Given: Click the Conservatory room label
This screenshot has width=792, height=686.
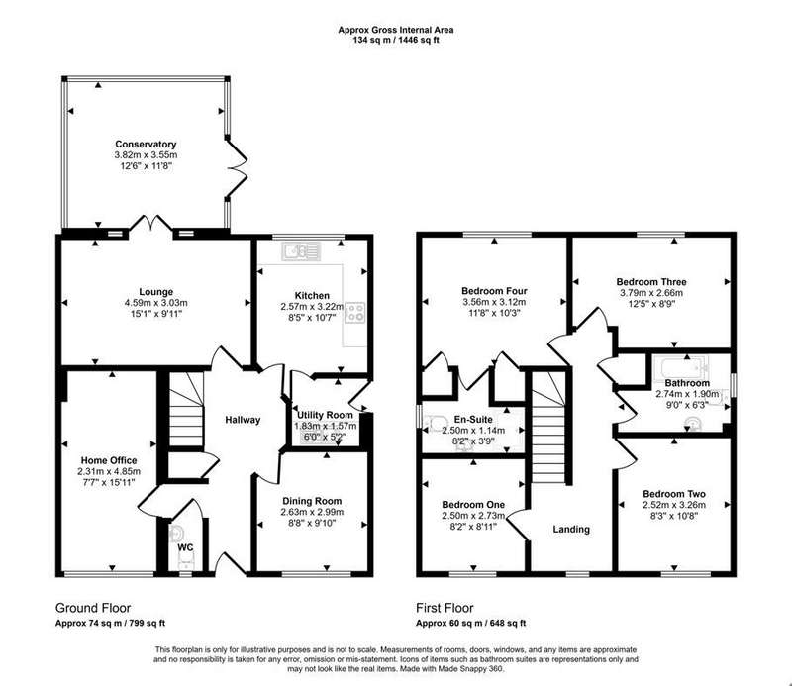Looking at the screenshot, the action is click(x=146, y=144).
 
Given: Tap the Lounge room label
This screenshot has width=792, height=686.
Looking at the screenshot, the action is click(x=156, y=291).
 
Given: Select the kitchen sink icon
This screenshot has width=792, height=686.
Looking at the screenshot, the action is click(x=302, y=251).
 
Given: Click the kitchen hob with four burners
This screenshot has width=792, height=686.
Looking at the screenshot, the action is click(x=354, y=312).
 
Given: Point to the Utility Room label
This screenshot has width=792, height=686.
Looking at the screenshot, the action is click(x=325, y=415).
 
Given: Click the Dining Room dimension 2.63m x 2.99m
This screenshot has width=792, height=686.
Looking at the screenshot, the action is click(x=312, y=512).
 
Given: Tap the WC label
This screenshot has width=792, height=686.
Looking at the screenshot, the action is click(x=185, y=547).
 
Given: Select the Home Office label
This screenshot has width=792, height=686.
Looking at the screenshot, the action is click(x=109, y=460).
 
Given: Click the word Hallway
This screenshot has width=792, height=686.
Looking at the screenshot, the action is click(x=243, y=420).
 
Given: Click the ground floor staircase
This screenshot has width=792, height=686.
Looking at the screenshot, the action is click(x=185, y=409).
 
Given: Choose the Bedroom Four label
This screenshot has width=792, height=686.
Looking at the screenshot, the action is click(x=494, y=291).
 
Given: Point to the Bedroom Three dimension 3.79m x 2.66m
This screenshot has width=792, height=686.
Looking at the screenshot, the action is click(x=651, y=293).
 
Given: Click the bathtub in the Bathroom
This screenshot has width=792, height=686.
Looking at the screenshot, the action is click(x=681, y=367).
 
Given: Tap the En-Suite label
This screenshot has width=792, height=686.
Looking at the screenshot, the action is click(x=473, y=420).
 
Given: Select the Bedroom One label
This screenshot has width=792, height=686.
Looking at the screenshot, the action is click(x=473, y=504).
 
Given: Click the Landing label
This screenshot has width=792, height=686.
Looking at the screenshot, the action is click(x=571, y=529).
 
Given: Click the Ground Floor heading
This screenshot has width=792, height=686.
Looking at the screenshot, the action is click(x=93, y=608).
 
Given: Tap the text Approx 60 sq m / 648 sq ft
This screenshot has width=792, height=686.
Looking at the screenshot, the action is click(x=471, y=623).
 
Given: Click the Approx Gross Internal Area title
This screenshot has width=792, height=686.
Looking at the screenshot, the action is click(x=395, y=30).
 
